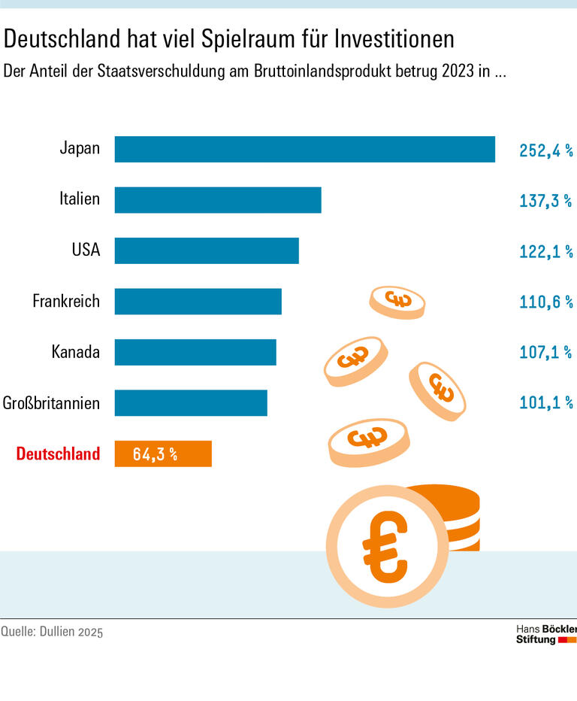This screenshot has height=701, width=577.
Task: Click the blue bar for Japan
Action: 304,149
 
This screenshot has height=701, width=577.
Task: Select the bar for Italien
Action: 218,200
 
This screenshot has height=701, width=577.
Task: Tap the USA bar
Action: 207,250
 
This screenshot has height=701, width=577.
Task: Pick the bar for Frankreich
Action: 198,302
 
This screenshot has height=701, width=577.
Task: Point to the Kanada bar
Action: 195,352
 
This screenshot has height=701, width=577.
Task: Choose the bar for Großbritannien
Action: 191,402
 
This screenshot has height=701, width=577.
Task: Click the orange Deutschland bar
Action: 163,454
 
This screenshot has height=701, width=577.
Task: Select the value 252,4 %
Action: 545,150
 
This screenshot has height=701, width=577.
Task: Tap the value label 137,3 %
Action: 545,201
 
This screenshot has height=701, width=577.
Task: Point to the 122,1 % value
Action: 545,251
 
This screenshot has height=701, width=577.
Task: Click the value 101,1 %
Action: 545,403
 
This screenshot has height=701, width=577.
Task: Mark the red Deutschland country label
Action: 58,454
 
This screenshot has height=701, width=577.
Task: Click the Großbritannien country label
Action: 51,403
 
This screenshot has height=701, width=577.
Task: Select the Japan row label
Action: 80,148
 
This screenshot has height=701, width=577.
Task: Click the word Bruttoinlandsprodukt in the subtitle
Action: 353,72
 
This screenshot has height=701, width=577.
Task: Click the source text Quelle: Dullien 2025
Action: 52,632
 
